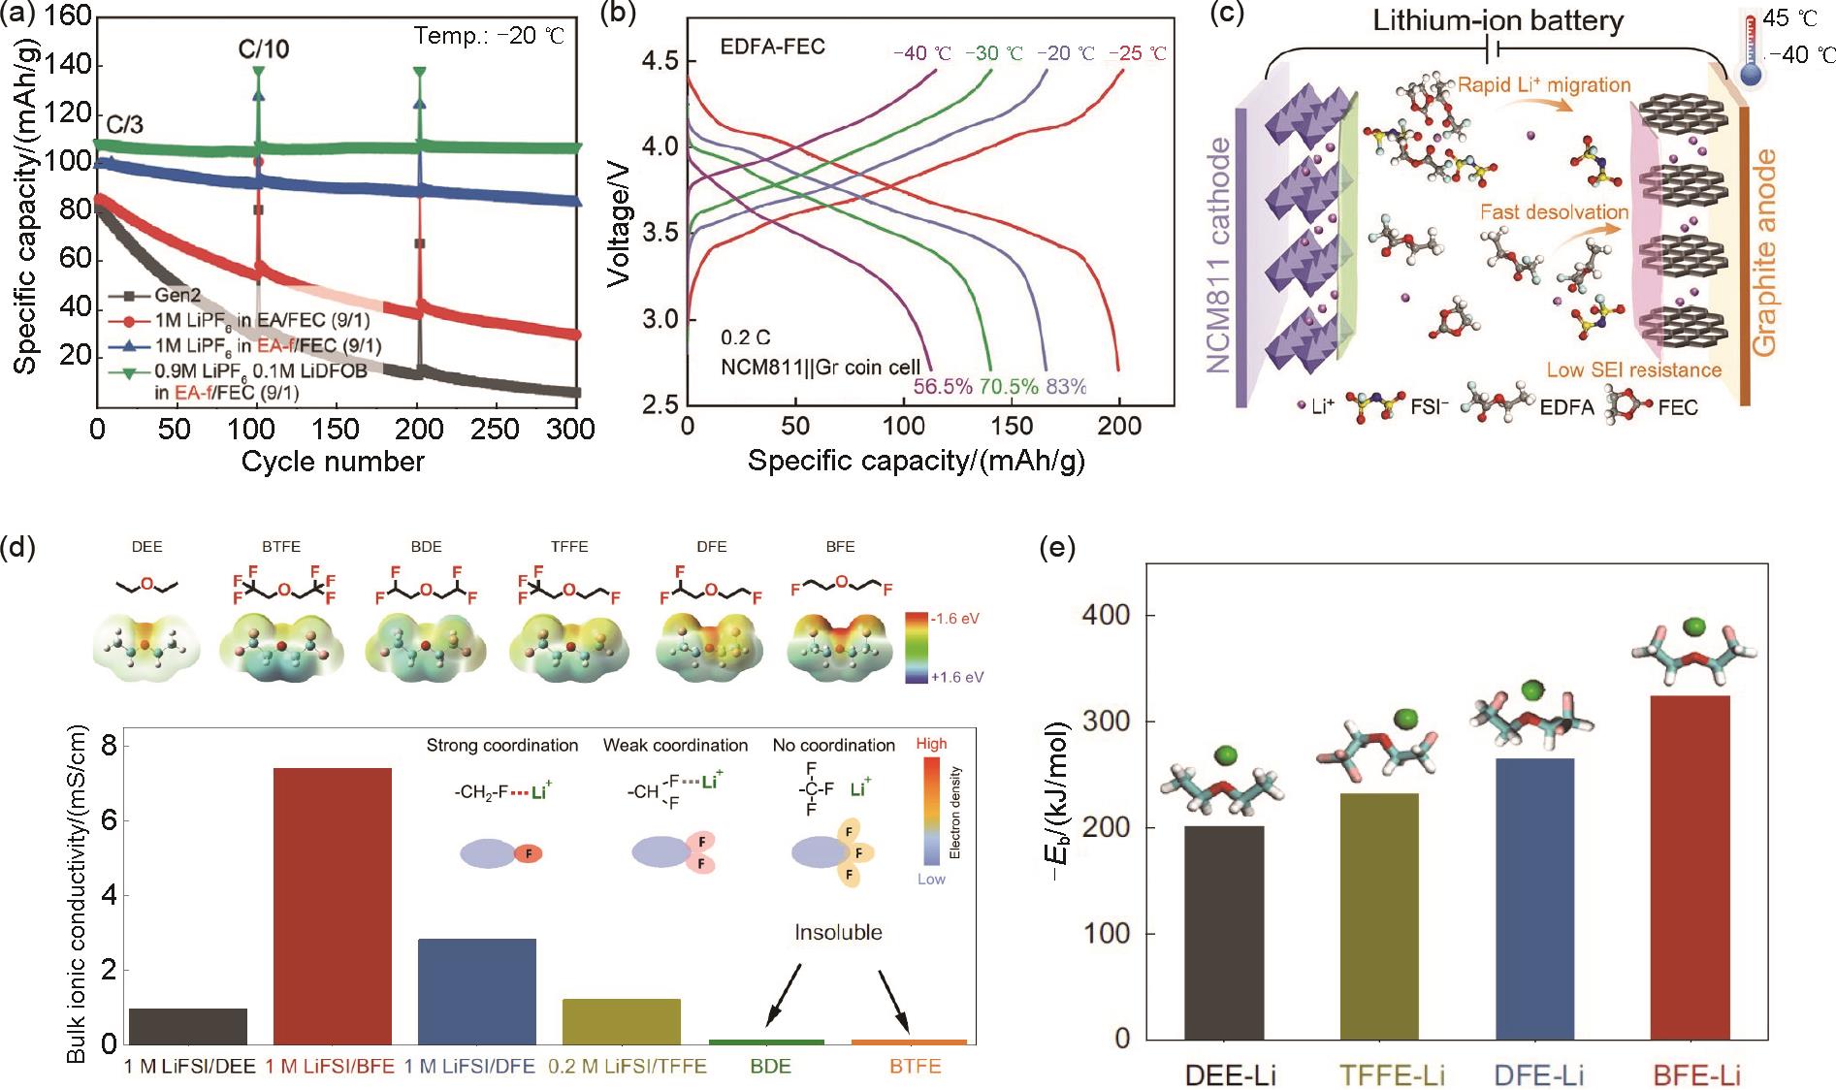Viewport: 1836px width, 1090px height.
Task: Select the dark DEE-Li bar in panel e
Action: click(x=1224, y=931)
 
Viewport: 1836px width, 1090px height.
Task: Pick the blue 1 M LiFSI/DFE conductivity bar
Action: click(x=476, y=990)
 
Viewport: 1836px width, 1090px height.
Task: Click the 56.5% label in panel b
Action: click(x=943, y=386)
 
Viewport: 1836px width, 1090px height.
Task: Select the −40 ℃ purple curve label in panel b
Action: click(x=916, y=53)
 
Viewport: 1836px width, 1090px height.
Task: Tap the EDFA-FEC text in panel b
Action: click(x=772, y=47)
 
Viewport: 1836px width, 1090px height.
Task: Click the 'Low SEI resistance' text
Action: click(x=1633, y=369)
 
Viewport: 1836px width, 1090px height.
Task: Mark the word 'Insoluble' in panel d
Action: click(x=838, y=933)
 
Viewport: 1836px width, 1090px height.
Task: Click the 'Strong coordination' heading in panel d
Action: click(x=502, y=745)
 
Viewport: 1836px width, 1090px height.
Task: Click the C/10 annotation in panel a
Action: click(x=264, y=48)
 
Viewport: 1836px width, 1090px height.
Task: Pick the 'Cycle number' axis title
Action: click(x=333, y=462)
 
